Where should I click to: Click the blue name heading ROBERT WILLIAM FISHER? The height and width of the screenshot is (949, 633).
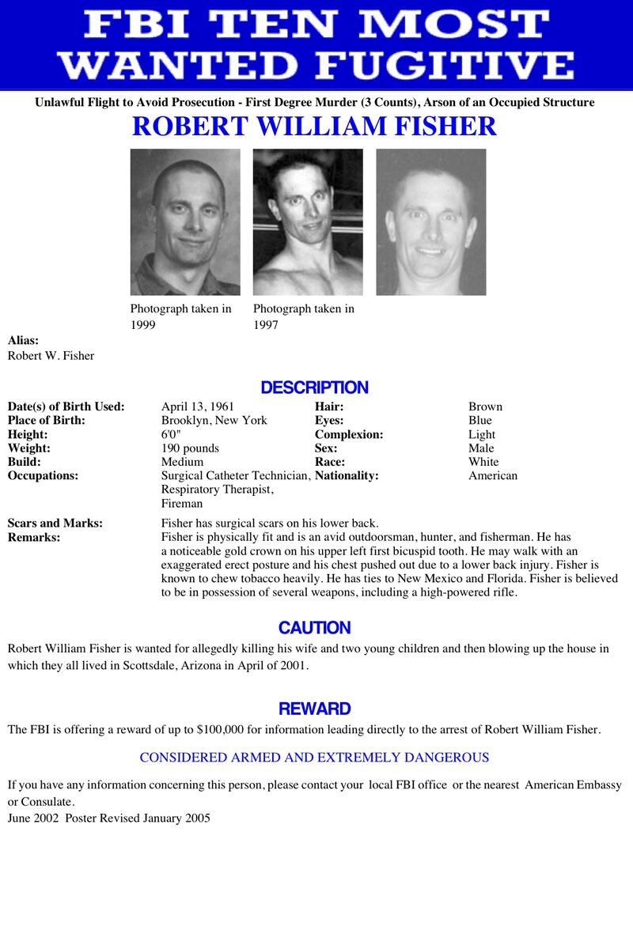pyautogui.click(x=315, y=127)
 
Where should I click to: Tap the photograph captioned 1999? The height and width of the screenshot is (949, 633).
pyautogui.click(x=185, y=221)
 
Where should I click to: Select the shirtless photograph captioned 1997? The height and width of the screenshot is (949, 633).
pyautogui.click(x=308, y=221)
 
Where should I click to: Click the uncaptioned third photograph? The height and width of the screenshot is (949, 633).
pyautogui.click(x=430, y=221)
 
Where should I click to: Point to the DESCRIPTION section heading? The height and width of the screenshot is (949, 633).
pyautogui.click(x=315, y=388)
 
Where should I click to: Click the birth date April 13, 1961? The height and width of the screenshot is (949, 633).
pyautogui.click(x=197, y=406)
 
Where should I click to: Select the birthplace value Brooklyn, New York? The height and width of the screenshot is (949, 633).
pyautogui.click(x=214, y=420)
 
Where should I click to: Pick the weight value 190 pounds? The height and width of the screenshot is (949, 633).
pyautogui.click(x=190, y=448)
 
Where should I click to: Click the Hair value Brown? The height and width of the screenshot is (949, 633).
pyautogui.click(x=485, y=406)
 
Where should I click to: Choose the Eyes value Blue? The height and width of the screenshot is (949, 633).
pyautogui.click(x=479, y=420)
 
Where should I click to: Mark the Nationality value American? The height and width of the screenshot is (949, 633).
pyautogui.click(x=492, y=475)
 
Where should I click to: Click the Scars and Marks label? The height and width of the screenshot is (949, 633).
pyautogui.click(x=55, y=523)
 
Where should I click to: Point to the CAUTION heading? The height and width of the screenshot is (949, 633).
pyautogui.click(x=315, y=628)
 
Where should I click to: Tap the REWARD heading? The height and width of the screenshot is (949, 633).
pyautogui.click(x=315, y=709)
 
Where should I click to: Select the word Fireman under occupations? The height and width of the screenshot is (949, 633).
pyautogui.click(x=181, y=503)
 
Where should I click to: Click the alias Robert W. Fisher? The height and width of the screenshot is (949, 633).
pyautogui.click(x=51, y=355)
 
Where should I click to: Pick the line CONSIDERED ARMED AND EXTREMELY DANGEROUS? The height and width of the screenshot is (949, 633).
pyautogui.click(x=314, y=757)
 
